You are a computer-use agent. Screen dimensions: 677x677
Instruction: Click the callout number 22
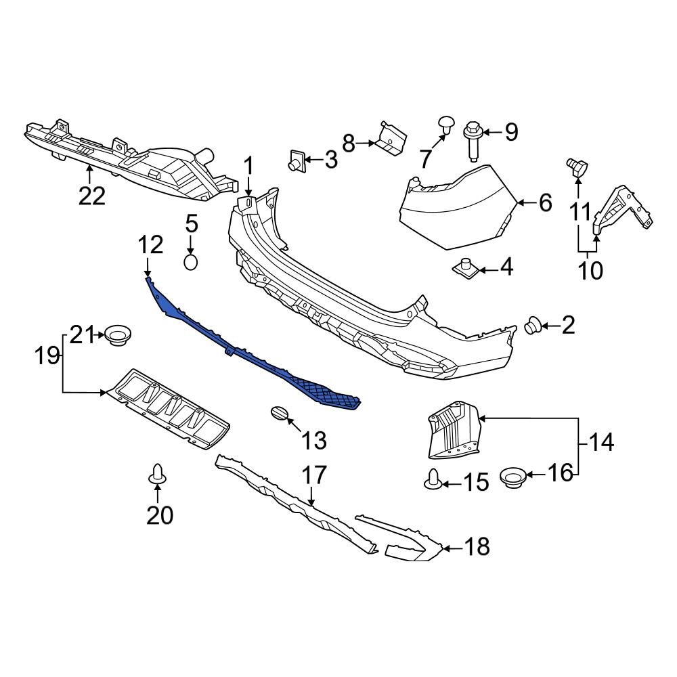pos(92,196)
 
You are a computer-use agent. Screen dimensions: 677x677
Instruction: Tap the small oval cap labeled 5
pos(191,262)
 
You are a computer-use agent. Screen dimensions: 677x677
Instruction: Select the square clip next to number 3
pos(296,160)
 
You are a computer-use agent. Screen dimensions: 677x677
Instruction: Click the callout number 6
pos(546,202)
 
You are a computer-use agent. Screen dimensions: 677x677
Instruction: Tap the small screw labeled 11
pos(576,164)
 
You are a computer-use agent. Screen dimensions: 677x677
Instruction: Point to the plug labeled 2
pos(533,327)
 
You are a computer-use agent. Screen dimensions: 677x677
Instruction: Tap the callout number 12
pos(151,244)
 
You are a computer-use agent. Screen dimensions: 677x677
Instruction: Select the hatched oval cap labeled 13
pos(279,414)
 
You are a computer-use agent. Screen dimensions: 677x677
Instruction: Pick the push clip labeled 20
pos(157,476)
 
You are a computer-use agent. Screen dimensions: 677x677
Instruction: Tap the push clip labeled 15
pos(433,480)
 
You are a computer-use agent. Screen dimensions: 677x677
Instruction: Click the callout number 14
pos(600,443)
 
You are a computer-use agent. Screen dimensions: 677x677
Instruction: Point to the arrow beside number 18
pos(452,546)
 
